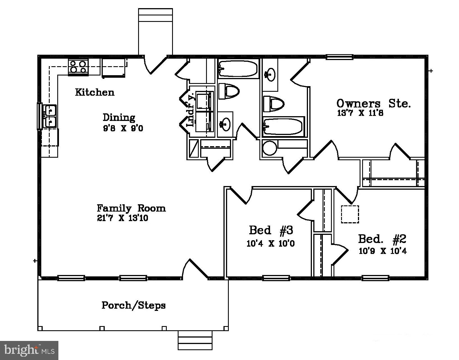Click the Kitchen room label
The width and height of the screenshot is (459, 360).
pyautogui.click(x=95, y=92)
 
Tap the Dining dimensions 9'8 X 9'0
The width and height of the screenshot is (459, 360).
pyautogui.click(x=123, y=128)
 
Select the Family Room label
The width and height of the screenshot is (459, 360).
pyautogui.click(x=131, y=208)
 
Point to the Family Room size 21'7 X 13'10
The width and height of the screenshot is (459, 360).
pyautogui.click(x=122, y=218)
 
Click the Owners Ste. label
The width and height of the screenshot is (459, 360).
pyautogui.click(x=373, y=104)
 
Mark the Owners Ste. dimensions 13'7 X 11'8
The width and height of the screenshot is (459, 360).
pyautogui.click(x=360, y=113)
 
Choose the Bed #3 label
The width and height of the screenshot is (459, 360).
pyautogui.click(x=271, y=230)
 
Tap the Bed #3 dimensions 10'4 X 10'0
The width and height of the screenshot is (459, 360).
pyautogui.click(x=271, y=244)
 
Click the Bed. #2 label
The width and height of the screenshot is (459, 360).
pyautogui.click(x=382, y=239)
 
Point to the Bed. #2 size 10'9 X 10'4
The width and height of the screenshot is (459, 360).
pyautogui.click(x=383, y=251)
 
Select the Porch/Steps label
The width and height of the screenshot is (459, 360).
pyautogui.click(x=134, y=305)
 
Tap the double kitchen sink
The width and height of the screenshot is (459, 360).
pyautogui.click(x=50, y=116)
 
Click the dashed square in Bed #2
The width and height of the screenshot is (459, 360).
pyautogui.click(x=350, y=214)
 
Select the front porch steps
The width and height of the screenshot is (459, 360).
pyautogui.click(x=195, y=340)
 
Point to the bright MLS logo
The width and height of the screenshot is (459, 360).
pyautogui.click(x=29, y=350)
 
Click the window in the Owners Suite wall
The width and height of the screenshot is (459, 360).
pyautogui.click(x=339, y=57)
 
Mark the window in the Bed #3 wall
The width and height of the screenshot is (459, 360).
pyautogui.click(x=276, y=278)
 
